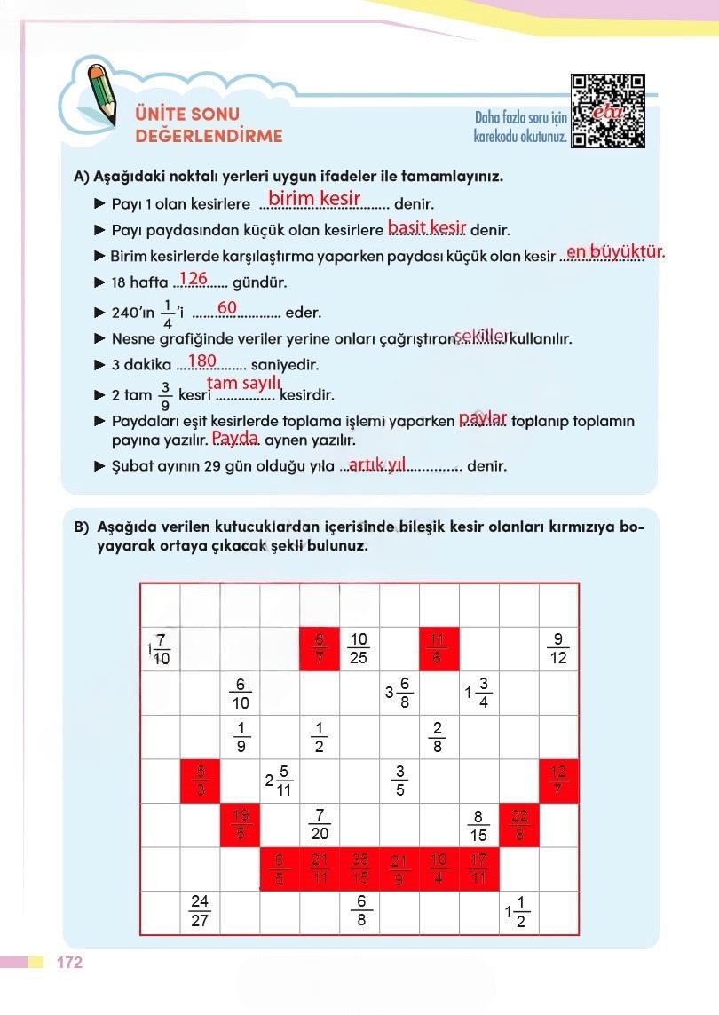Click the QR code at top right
click(x=608, y=111)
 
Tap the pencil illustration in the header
click(x=101, y=91)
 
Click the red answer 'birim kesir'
click(x=313, y=199)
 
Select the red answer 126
click(x=193, y=279)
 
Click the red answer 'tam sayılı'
click(x=244, y=383)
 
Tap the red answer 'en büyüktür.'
click(x=615, y=251)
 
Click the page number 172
click(x=69, y=963)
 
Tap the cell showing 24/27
click(x=200, y=912)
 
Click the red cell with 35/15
click(x=359, y=868)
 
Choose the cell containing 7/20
click(x=320, y=825)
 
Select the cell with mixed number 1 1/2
click(x=518, y=912)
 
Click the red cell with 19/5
click(x=240, y=825)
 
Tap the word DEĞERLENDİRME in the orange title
click(x=209, y=136)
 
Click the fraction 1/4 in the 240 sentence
click(x=168, y=313)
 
